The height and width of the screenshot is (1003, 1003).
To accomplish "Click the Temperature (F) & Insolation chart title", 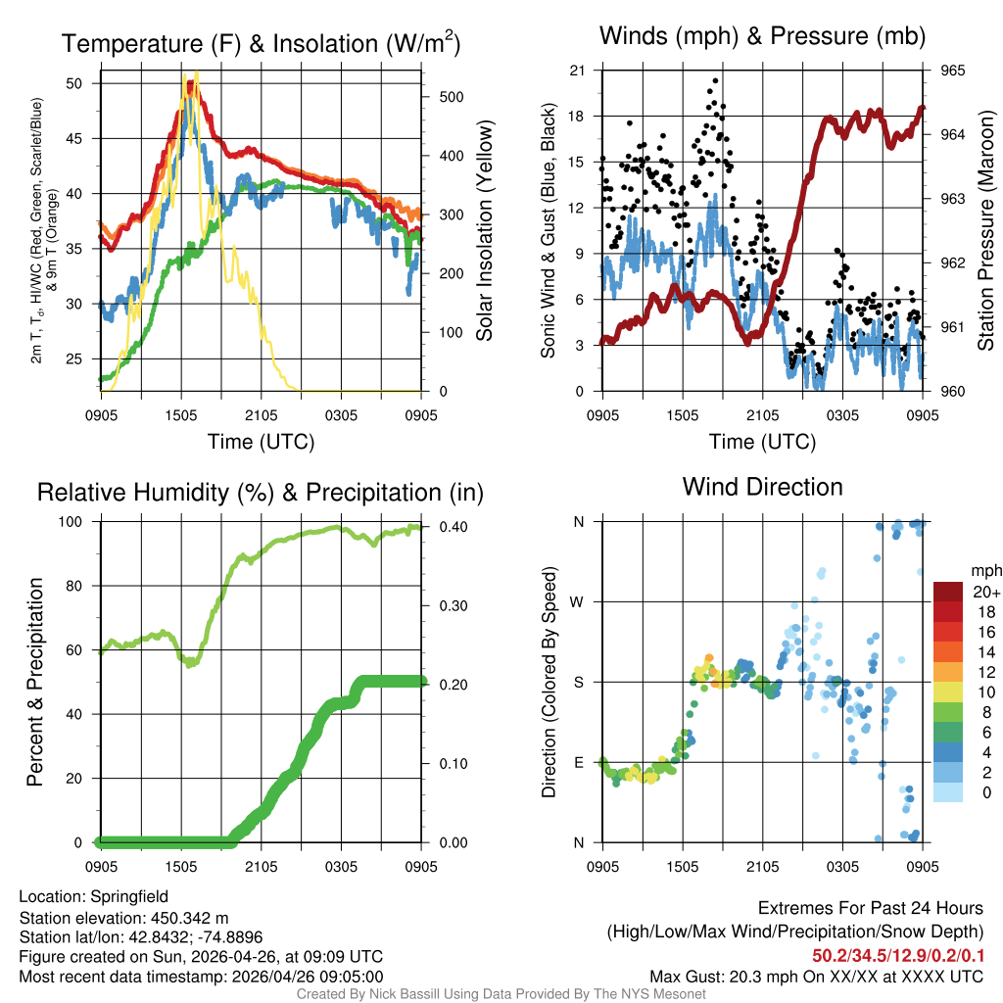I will click(x=261, y=44).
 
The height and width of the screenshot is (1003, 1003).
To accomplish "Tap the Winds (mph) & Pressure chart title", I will click(x=763, y=36).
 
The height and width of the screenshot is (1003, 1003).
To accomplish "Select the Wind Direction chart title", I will click(x=763, y=487).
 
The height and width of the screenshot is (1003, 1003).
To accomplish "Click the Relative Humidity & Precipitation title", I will click(x=261, y=493).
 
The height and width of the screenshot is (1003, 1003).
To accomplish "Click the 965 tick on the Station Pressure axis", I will click(x=953, y=71).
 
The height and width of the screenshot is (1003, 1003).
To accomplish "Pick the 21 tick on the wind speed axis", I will click(x=577, y=71).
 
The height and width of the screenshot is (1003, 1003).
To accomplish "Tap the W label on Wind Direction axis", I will click(x=579, y=601).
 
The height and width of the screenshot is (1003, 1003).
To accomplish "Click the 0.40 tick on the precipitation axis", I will click(x=452, y=527).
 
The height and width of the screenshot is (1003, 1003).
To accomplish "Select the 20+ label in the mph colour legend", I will click(x=985, y=592).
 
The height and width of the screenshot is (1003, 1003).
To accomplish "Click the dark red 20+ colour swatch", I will click(x=947, y=592).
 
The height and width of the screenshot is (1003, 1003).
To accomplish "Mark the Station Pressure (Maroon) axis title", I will click(x=986, y=231).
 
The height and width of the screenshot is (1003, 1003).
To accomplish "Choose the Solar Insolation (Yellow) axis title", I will click(x=484, y=231).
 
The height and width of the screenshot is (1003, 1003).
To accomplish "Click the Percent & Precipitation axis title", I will click(x=34, y=682).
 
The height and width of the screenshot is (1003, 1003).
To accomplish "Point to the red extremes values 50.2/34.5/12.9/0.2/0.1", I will click(x=898, y=954).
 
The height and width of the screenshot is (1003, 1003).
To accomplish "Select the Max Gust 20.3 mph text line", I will click(x=817, y=976).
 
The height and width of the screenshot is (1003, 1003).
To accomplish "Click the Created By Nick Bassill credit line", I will click(x=501, y=994).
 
